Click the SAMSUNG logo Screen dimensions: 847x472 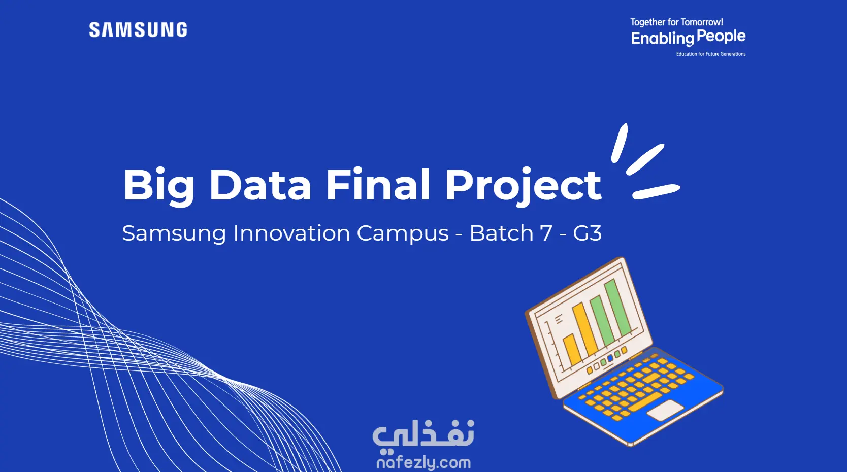pos(138,30)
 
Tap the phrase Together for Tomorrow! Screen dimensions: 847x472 pos(676,23)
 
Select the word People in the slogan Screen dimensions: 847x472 pos(721,37)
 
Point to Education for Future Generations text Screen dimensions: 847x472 pos(711,54)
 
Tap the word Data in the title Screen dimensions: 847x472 pos(260,185)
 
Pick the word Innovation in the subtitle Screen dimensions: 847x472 pos(291,233)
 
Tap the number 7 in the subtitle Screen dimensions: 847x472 pos(546,233)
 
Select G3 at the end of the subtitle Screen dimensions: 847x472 pos(587,233)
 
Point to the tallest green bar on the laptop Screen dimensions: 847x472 pos(618,308)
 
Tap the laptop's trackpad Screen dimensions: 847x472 pos(666,411)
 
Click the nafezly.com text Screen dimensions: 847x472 pos(423,463)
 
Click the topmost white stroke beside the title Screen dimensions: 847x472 pos(620,143)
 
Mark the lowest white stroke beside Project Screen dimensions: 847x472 pos(657,192)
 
